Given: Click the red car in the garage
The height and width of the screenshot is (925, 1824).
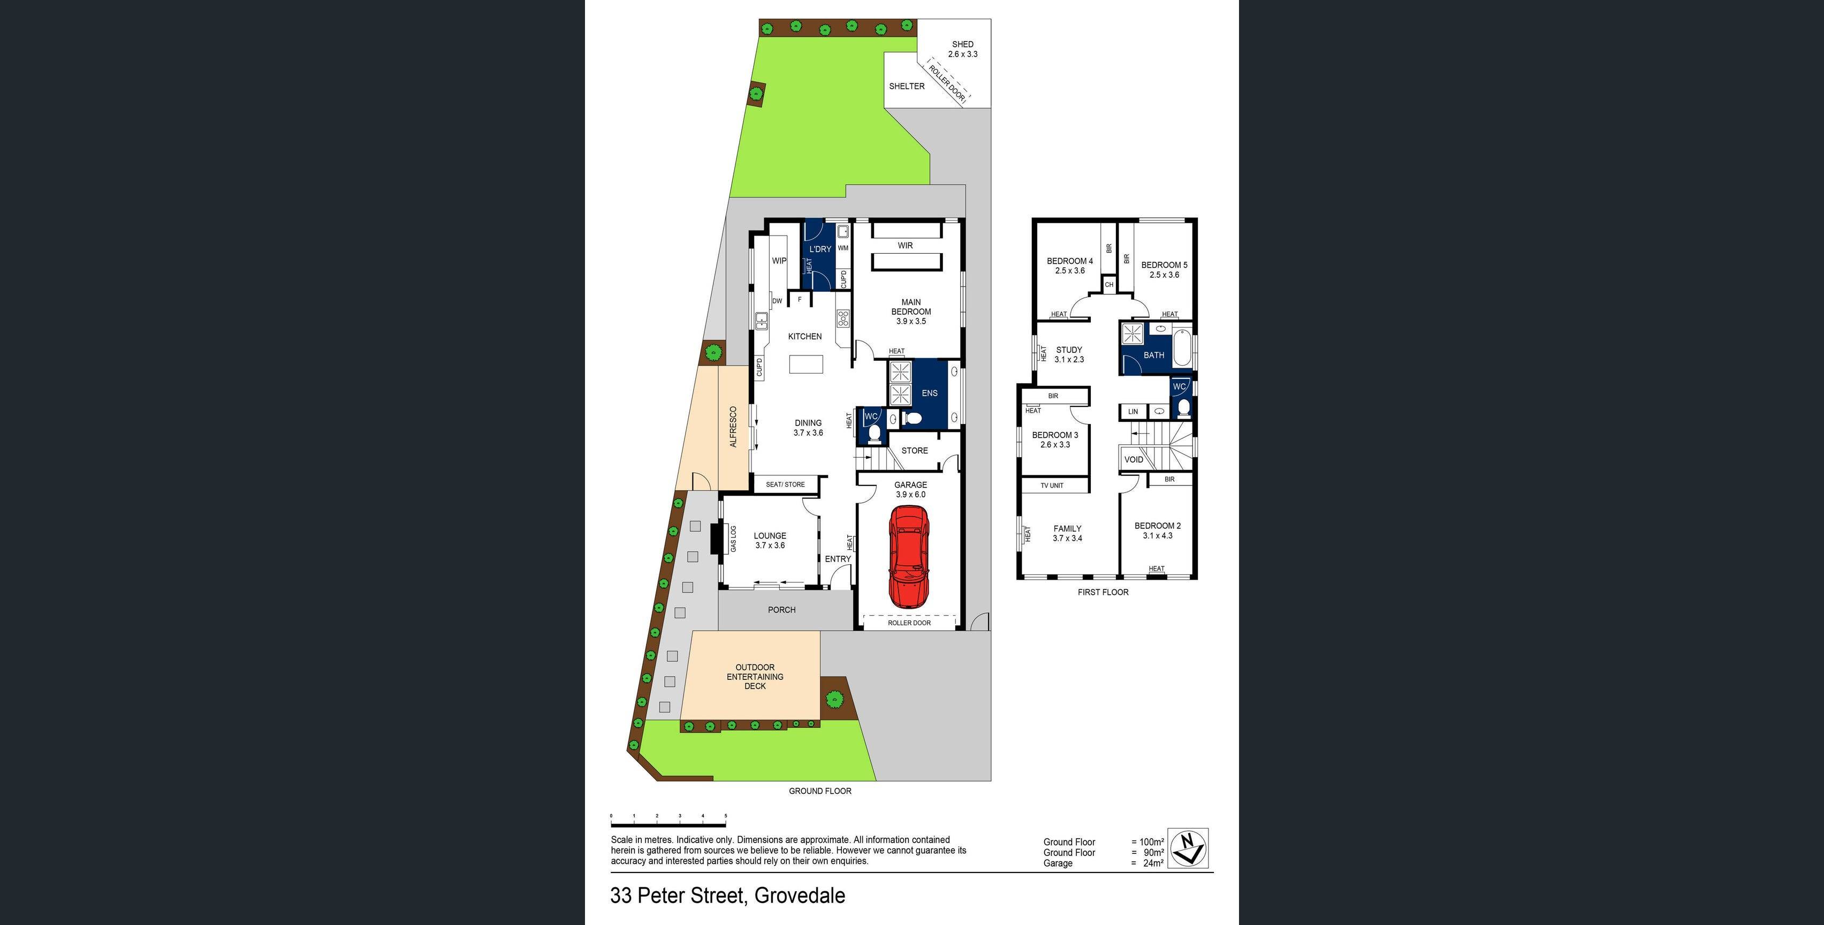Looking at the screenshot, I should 908,556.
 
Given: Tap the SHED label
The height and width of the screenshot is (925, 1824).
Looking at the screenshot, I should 962,44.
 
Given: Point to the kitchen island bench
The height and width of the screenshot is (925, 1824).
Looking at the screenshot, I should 807,364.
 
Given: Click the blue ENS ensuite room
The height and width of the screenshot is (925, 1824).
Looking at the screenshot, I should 929,393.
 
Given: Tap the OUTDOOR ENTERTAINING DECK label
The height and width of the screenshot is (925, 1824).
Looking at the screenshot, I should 755,677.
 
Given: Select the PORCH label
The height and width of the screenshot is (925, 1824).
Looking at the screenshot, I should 782,610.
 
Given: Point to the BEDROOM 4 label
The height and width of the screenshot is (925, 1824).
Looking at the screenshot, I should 1069,261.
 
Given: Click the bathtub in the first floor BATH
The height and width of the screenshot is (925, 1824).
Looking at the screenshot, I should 1182,347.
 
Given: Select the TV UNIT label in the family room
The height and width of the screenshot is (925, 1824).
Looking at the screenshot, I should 1052,485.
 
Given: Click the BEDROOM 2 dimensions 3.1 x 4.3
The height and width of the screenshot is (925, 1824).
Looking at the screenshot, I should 1157,535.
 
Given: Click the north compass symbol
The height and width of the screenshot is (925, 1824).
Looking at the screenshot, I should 1188,848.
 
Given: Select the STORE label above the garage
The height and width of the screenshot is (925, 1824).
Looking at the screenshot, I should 914,451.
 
